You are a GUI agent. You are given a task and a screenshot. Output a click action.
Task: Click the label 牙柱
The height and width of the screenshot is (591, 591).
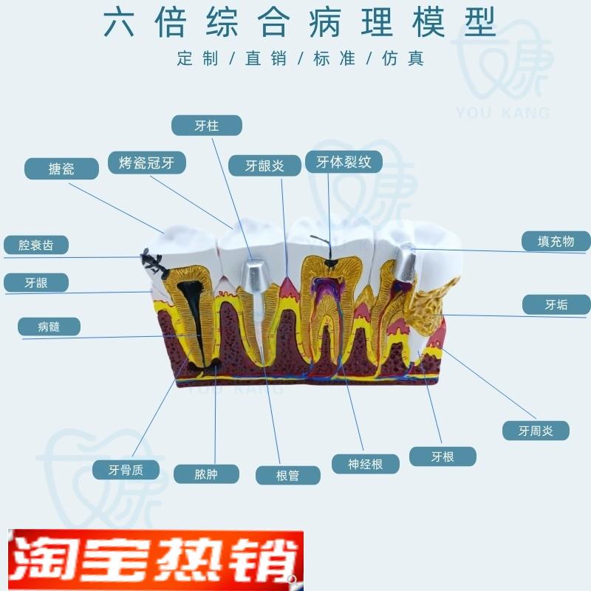click(207, 125)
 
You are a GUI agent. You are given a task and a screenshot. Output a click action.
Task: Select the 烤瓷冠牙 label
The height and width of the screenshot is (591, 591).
click(147, 163)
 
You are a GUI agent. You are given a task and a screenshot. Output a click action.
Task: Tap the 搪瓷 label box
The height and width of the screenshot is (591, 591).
click(61, 168)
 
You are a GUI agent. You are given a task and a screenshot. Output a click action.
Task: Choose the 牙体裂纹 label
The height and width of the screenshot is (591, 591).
click(344, 162)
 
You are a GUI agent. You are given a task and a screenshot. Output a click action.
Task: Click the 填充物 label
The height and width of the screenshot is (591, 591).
click(556, 242)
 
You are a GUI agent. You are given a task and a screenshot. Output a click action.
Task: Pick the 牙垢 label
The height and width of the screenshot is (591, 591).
click(556, 304)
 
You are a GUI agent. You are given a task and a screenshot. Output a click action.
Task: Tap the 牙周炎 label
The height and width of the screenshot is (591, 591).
click(536, 431)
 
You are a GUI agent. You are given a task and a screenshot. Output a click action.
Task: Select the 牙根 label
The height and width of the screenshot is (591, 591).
click(443, 457)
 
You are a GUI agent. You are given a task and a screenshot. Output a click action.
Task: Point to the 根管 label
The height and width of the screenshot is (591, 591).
click(288, 475)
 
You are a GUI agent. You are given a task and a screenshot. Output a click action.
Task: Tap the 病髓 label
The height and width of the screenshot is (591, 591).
click(49, 327)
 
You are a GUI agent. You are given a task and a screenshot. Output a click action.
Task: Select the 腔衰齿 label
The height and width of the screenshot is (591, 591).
click(36, 245)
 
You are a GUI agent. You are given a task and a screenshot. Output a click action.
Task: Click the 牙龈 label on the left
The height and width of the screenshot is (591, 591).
click(36, 283)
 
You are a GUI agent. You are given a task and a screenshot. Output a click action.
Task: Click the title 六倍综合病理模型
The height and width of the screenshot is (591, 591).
click(299, 24)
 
